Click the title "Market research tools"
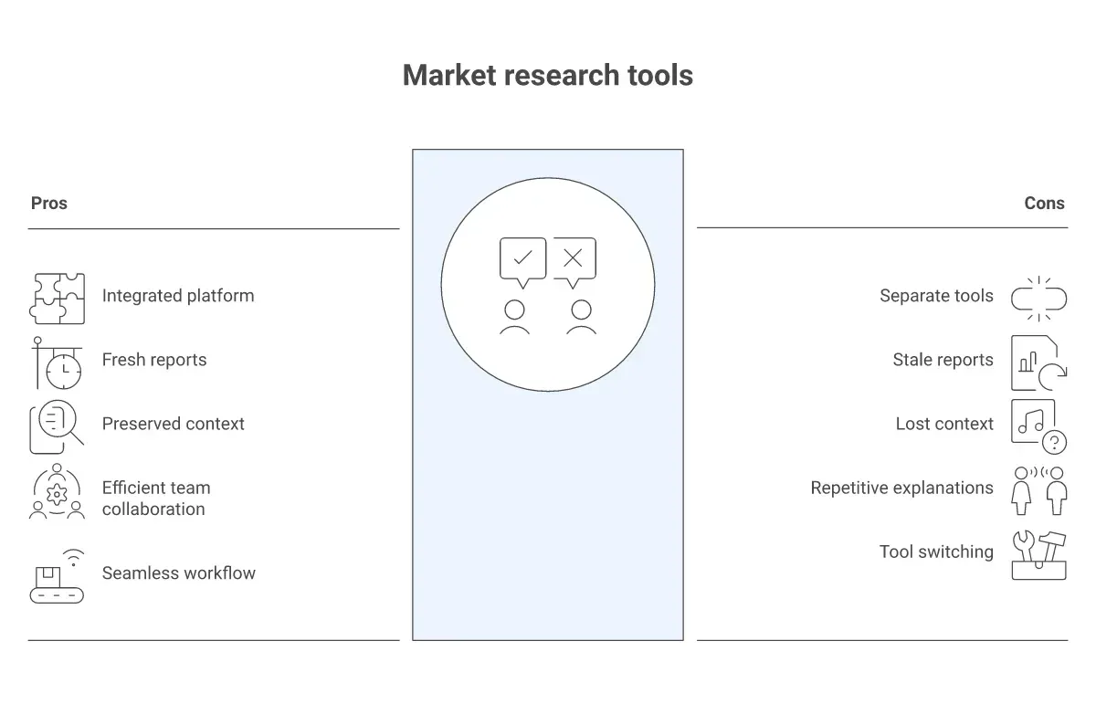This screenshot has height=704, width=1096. click(547, 76)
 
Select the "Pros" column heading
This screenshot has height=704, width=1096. click(49, 203)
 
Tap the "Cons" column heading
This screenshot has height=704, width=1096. click(1044, 203)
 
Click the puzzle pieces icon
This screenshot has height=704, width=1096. click(57, 299)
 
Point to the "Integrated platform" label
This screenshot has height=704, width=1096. click(178, 296)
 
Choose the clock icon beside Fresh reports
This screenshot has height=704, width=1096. click(64, 372)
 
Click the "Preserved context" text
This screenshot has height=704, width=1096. click(174, 424)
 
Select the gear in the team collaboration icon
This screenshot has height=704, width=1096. click(57, 495)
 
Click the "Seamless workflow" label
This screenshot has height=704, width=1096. click(179, 573)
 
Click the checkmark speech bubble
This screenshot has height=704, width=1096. click(522, 263)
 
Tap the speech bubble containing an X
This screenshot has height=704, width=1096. click(574, 263)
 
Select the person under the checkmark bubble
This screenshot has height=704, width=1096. click(514, 318)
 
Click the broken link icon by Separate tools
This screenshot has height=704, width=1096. click(1038, 299)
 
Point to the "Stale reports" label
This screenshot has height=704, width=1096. click(943, 360)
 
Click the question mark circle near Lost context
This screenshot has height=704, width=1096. click(1054, 442)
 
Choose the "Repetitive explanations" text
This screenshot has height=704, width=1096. click(901, 488)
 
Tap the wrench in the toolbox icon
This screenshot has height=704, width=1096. click(1024, 546)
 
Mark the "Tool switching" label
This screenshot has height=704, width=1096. click(936, 552)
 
